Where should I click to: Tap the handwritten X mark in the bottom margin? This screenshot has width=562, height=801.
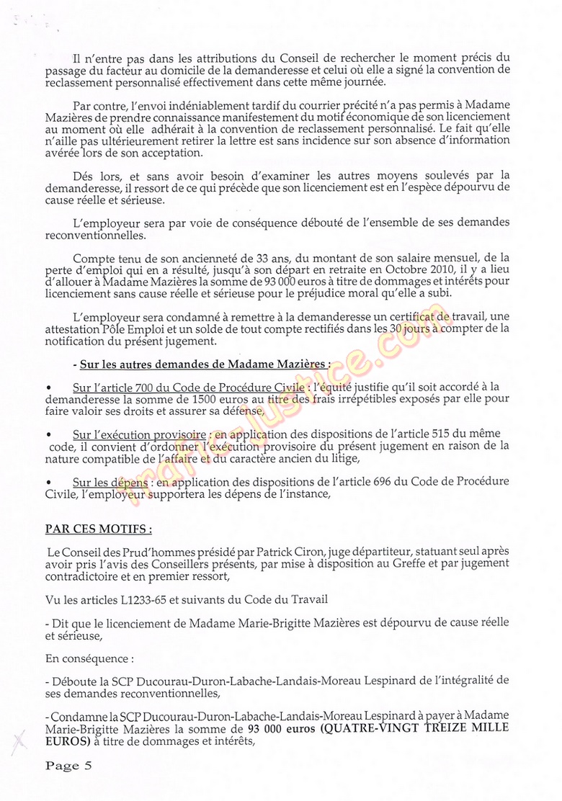click(19, 736)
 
